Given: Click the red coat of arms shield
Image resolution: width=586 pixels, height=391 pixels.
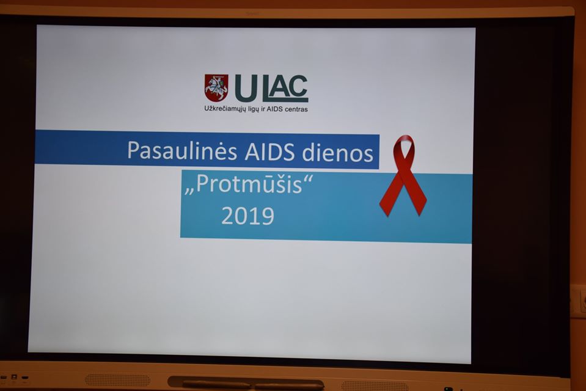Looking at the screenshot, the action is tap(216, 87).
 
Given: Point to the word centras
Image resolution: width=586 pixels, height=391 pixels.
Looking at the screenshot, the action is tap(296, 109).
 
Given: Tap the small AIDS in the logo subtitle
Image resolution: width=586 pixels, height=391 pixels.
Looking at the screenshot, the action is tap(274, 109).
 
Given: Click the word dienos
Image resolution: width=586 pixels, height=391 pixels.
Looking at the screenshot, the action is tap(338, 153).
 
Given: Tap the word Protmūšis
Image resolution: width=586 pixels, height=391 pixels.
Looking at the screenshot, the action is tap(249, 185).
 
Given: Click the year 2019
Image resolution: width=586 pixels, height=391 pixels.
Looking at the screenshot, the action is tap(247, 216).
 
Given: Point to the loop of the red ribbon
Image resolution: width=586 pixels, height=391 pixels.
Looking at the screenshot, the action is tap(404, 149).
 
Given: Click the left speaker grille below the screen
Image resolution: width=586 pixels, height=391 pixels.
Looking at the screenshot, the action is tap(117, 380).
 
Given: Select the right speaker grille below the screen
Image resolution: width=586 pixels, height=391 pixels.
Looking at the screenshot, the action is tap(375, 386).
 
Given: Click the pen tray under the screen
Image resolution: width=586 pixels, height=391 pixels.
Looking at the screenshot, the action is tap(246, 383).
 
